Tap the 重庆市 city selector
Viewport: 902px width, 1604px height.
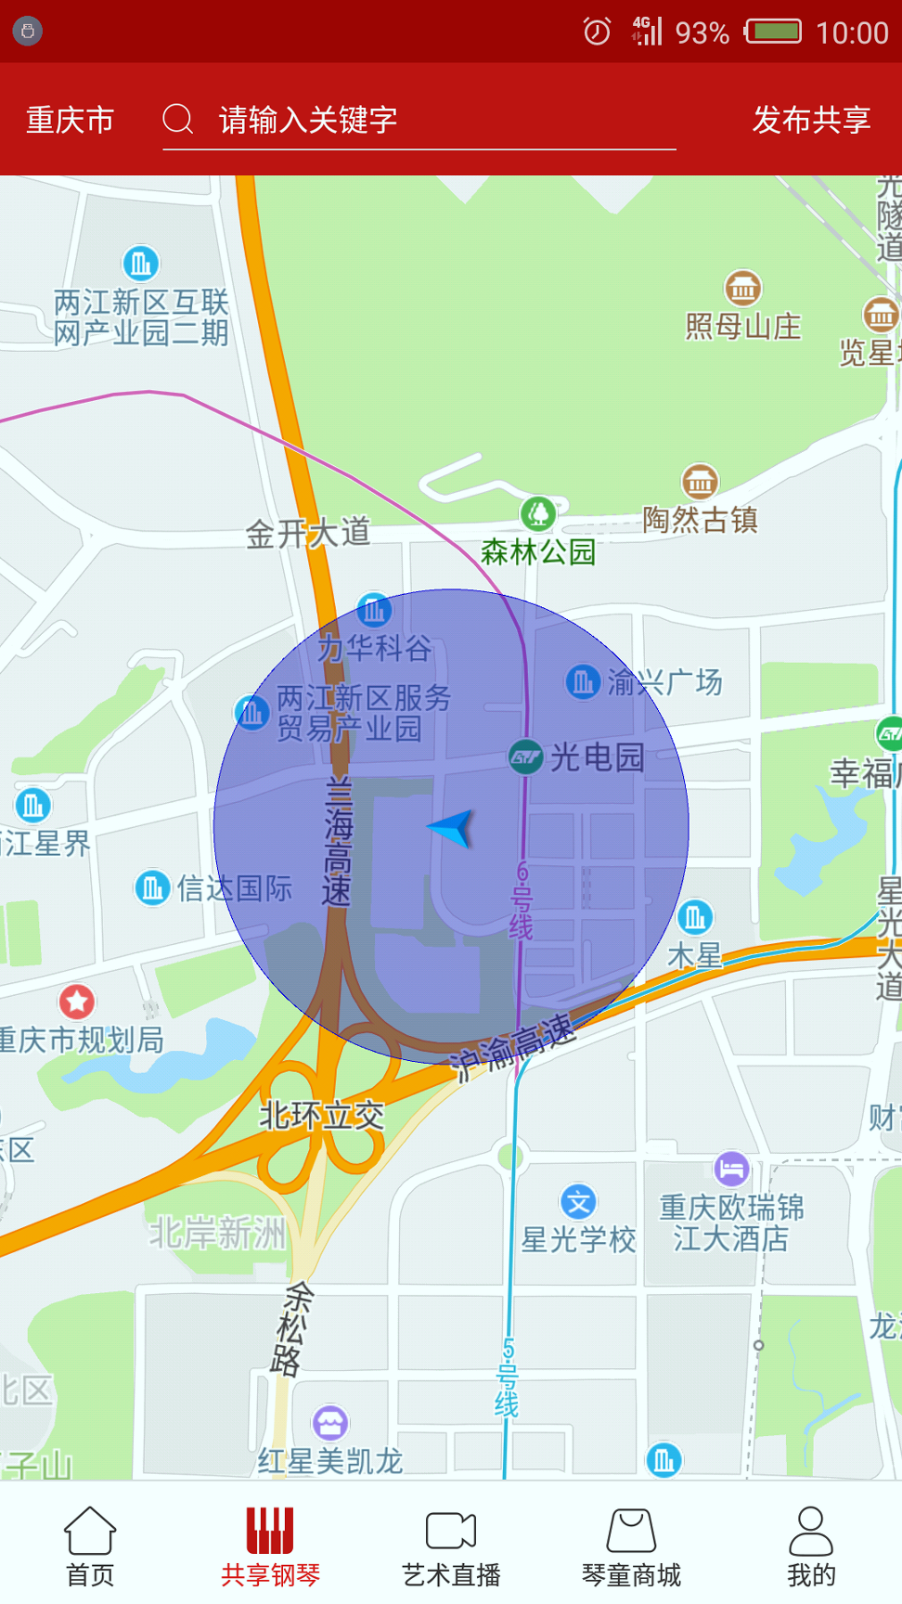71,120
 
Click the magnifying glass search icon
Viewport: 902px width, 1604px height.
177,120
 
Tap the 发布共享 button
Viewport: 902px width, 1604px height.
811,120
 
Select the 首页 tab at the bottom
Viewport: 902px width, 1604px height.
90,1546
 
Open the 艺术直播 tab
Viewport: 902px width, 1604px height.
451,1546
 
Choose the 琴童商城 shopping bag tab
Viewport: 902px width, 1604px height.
631,1546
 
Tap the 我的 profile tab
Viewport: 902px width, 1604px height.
811,1546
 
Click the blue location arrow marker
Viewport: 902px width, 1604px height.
454,827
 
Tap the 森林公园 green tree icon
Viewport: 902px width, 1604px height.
538,513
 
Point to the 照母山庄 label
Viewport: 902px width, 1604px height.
742,327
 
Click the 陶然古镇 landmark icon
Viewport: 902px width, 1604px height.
700,482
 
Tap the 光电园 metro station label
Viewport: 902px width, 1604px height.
597,757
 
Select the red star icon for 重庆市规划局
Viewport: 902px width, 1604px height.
77,1001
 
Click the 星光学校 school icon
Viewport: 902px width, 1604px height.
578,1203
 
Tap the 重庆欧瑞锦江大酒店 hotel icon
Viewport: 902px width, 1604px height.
731,1169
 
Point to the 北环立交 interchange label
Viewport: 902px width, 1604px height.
321,1116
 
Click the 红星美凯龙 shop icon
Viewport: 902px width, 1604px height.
330,1422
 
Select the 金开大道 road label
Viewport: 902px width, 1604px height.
307,534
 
